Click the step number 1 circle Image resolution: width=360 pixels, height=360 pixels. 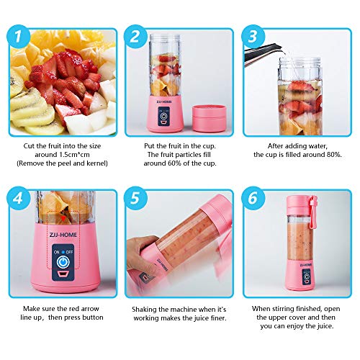(x=19, y=37)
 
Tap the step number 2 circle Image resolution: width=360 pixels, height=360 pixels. (x=135, y=37)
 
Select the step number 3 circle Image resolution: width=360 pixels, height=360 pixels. (x=253, y=37)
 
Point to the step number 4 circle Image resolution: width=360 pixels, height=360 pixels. (x=19, y=198)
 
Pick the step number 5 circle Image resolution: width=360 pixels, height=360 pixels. (x=135, y=198)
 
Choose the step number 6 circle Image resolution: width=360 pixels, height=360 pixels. (x=253, y=198)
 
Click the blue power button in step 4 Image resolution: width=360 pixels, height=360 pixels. (x=63, y=262)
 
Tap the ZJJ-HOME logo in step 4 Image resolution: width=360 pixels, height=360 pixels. (x=63, y=235)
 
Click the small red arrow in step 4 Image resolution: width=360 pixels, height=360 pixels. (x=63, y=218)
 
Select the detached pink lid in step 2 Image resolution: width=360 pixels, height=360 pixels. (x=210, y=118)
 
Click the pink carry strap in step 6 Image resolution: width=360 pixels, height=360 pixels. (x=312, y=211)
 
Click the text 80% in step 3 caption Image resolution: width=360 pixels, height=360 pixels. (x=334, y=155)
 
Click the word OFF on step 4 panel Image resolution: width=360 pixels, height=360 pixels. (x=69, y=252)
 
